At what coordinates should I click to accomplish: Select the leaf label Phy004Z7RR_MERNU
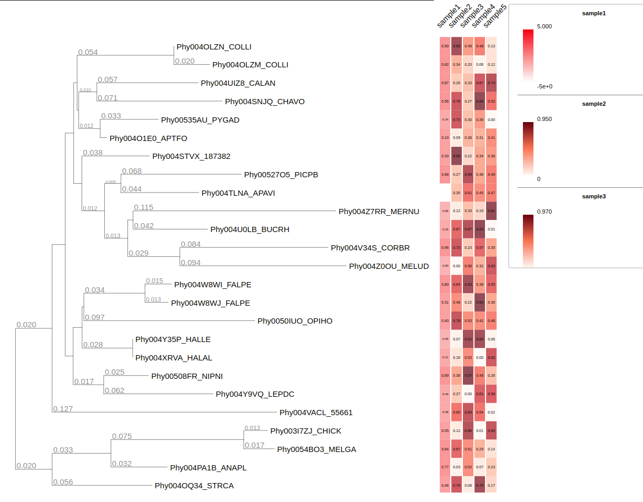tap(379, 212)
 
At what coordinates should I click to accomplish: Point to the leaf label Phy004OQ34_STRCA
tap(194, 486)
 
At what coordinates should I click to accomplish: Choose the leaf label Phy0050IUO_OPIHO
tap(295, 321)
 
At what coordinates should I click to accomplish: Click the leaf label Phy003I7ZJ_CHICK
tap(305, 431)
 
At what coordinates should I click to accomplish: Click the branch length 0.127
tap(63, 409)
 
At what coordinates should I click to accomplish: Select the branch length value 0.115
tap(144, 208)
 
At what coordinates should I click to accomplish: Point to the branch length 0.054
tap(88, 52)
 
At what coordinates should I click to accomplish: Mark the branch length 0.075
tap(122, 436)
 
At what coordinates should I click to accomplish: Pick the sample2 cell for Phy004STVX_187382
tap(457, 156)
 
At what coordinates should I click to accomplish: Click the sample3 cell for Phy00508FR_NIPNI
tap(468, 376)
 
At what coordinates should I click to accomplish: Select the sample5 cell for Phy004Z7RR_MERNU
tap(491, 211)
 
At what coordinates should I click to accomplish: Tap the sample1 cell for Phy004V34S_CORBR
tap(445, 247)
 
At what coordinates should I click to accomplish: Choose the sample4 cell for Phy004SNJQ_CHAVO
tap(480, 101)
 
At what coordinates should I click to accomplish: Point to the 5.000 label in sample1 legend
tap(545, 26)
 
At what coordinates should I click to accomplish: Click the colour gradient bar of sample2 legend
tap(528, 148)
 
